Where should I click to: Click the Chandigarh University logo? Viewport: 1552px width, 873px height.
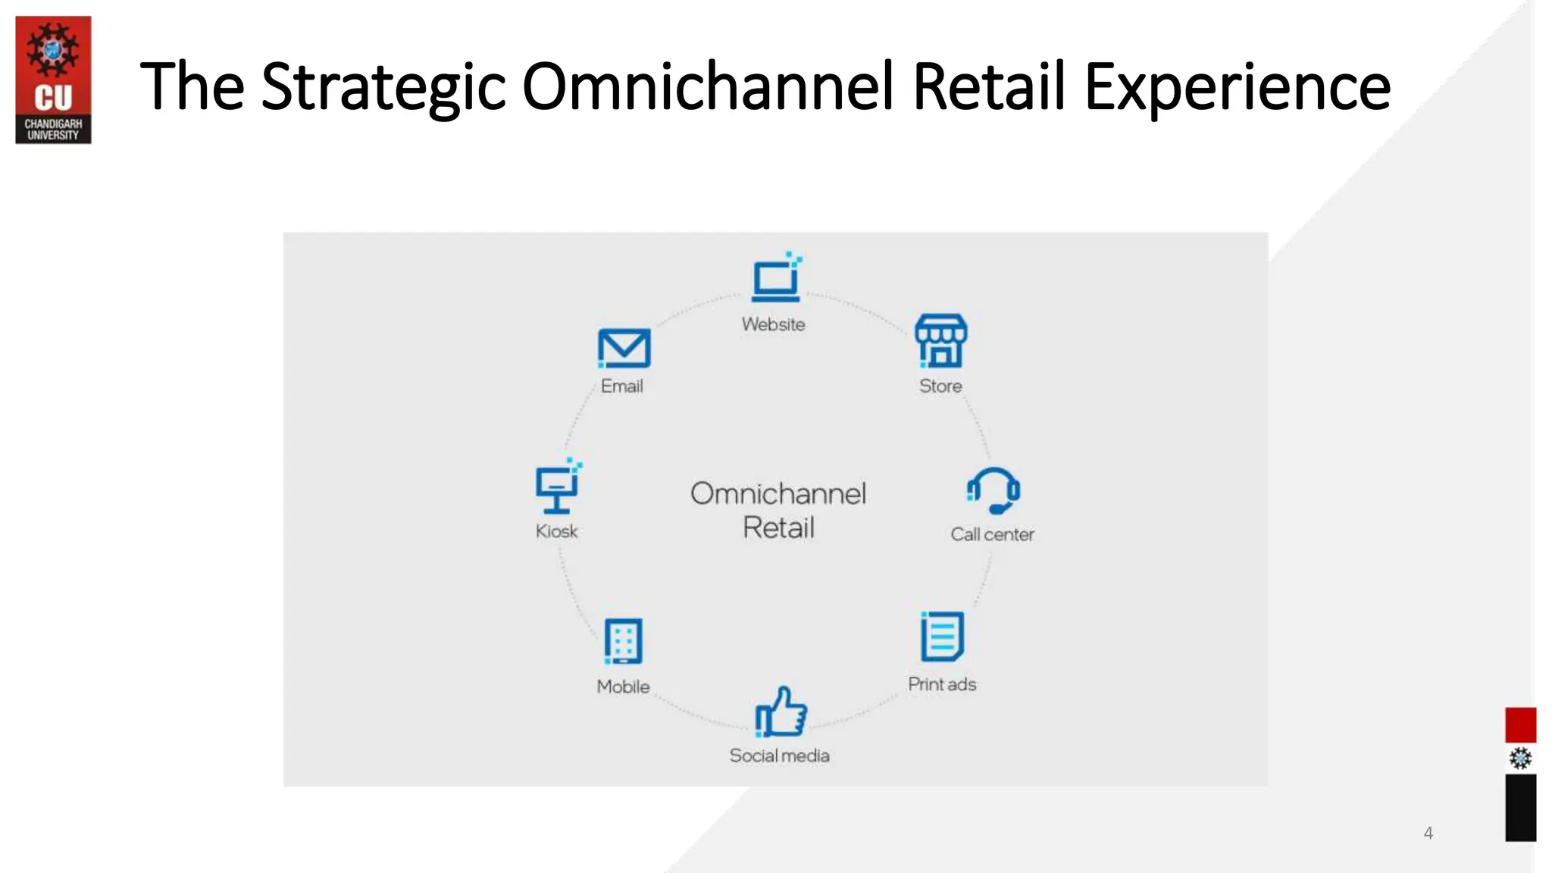point(53,80)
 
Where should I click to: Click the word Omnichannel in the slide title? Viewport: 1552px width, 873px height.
point(708,86)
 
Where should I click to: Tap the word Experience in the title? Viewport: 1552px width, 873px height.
point(1237,88)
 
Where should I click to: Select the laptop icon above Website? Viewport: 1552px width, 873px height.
point(776,279)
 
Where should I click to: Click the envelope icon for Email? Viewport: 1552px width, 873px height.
point(624,348)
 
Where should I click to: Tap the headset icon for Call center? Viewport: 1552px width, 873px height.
point(993,491)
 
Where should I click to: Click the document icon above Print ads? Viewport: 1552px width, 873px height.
point(942,637)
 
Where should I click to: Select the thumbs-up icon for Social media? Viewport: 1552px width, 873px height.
point(781,712)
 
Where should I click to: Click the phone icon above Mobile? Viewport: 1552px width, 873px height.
point(623,641)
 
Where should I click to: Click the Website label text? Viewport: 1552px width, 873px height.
point(773,324)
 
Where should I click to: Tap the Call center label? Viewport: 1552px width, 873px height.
point(992,534)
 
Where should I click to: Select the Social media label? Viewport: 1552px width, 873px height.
point(779,756)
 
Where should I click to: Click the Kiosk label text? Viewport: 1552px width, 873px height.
point(556,531)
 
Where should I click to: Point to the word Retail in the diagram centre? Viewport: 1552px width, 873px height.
point(778,527)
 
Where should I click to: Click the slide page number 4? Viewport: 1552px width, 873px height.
point(1428,833)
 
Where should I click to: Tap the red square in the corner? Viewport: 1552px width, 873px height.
point(1520,725)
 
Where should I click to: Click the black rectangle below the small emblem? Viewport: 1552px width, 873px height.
point(1520,808)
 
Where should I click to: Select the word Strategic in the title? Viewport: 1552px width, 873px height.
point(383,88)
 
